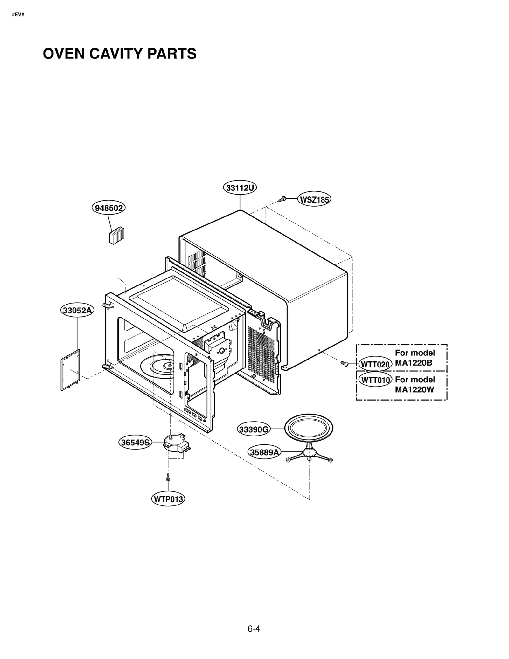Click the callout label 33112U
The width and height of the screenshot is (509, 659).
(x=240, y=188)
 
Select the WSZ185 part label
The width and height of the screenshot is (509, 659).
(x=314, y=200)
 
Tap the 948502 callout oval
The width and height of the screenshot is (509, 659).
(x=109, y=208)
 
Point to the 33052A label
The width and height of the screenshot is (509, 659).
(x=77, y=310)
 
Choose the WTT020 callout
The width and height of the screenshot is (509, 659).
(x=375, y=364)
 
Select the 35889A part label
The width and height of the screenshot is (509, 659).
(x=264, y=452)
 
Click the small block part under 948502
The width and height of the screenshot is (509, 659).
(x=116, y=236)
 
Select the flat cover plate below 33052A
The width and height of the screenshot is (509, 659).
(x=70, y=370)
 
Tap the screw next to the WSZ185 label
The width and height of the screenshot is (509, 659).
(x=282, y=199)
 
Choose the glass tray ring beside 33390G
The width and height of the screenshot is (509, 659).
(x=309, y=428)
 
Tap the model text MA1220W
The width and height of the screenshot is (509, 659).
(x=414, y=389)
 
